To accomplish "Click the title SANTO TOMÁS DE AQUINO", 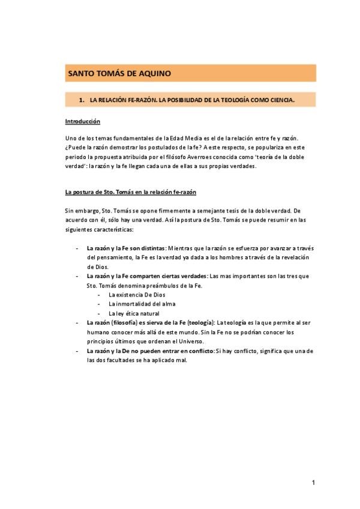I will pyautogui.click(x=119, y=73).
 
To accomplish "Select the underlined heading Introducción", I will pyautogui.click(x=82, y=121).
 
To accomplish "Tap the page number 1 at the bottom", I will pyautogui.click(x=313, y=483).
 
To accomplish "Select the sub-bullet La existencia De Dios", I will pyautogui.click(x=137, y=295).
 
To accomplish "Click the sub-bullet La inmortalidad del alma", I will pyautogui.click(x=140, y=304).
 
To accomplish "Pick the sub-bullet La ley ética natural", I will pyautogui.click(x=134, y=313).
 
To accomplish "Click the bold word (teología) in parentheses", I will pyautogui.click(x=199, y=322).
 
